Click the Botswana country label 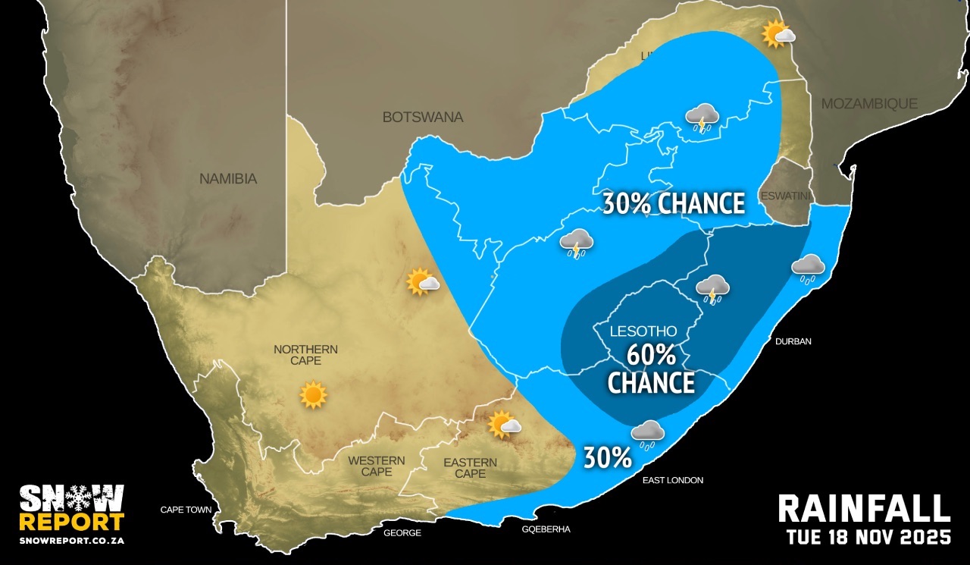[x=422, y=118]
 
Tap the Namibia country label [x=228, y=180]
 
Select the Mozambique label [x=869, y=104]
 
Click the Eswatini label [x=785, y=195]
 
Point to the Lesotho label [x=644, y=332]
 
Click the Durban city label [x=793, y=341]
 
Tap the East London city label [x=673, y=480]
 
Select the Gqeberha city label [x=546, y=529]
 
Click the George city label [x=402, y=533]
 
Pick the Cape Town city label [x=186, y=510]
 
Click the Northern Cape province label [x=305, y=355]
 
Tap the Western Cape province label [x=376, y=466]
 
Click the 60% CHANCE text [x=651, y=369]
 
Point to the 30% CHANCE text [x=673, y=204]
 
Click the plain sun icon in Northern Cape [x=313, y=395]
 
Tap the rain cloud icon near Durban [x=808, y=268]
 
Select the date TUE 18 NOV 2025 [x=868, y=538]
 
